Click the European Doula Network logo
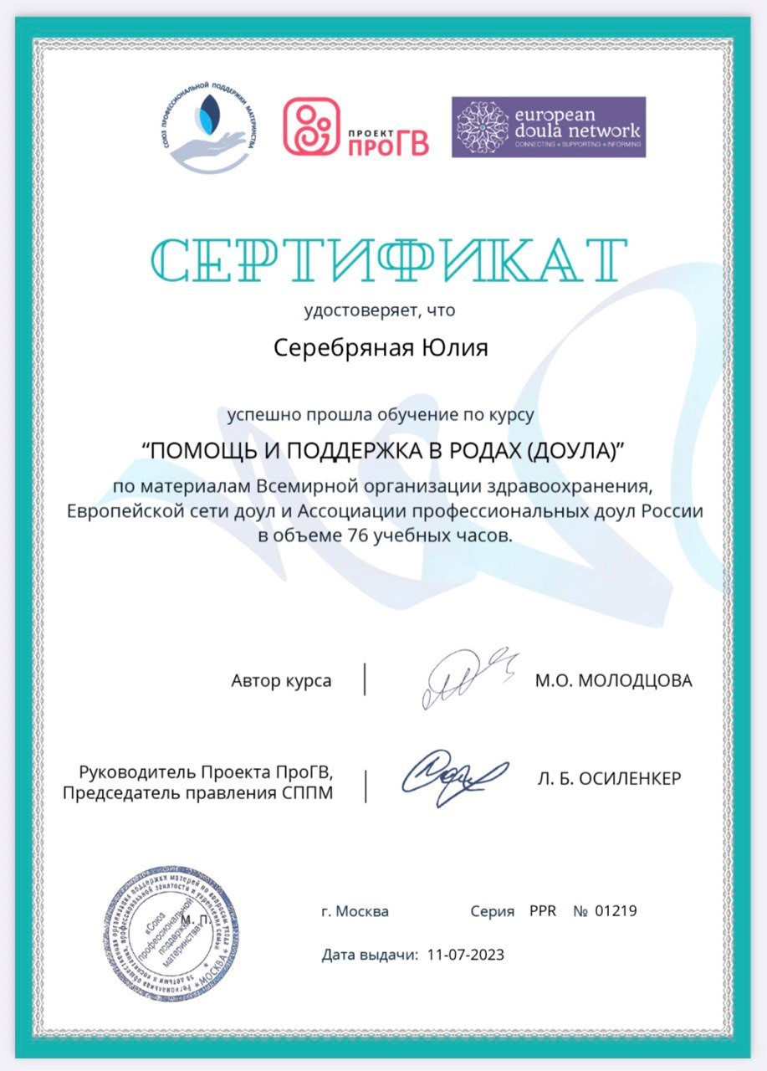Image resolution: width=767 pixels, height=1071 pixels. point(549,127)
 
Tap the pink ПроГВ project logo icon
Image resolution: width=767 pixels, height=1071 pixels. point(311,127)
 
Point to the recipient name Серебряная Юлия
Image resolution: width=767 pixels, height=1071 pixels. point(381,347)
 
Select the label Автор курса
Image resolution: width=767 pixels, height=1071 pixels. point(281,680)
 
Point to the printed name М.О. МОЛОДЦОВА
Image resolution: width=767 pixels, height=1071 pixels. point(614,680)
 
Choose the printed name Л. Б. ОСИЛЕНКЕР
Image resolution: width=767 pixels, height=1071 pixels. point(610,779)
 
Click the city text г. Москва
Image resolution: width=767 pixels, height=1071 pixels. point(355,911)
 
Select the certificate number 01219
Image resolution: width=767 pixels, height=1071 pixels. point(616,910)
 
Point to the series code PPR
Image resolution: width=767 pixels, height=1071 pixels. point(542,910)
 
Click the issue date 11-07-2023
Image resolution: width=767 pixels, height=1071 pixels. point(465,954)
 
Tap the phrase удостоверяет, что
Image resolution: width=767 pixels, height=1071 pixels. point(380,311)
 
